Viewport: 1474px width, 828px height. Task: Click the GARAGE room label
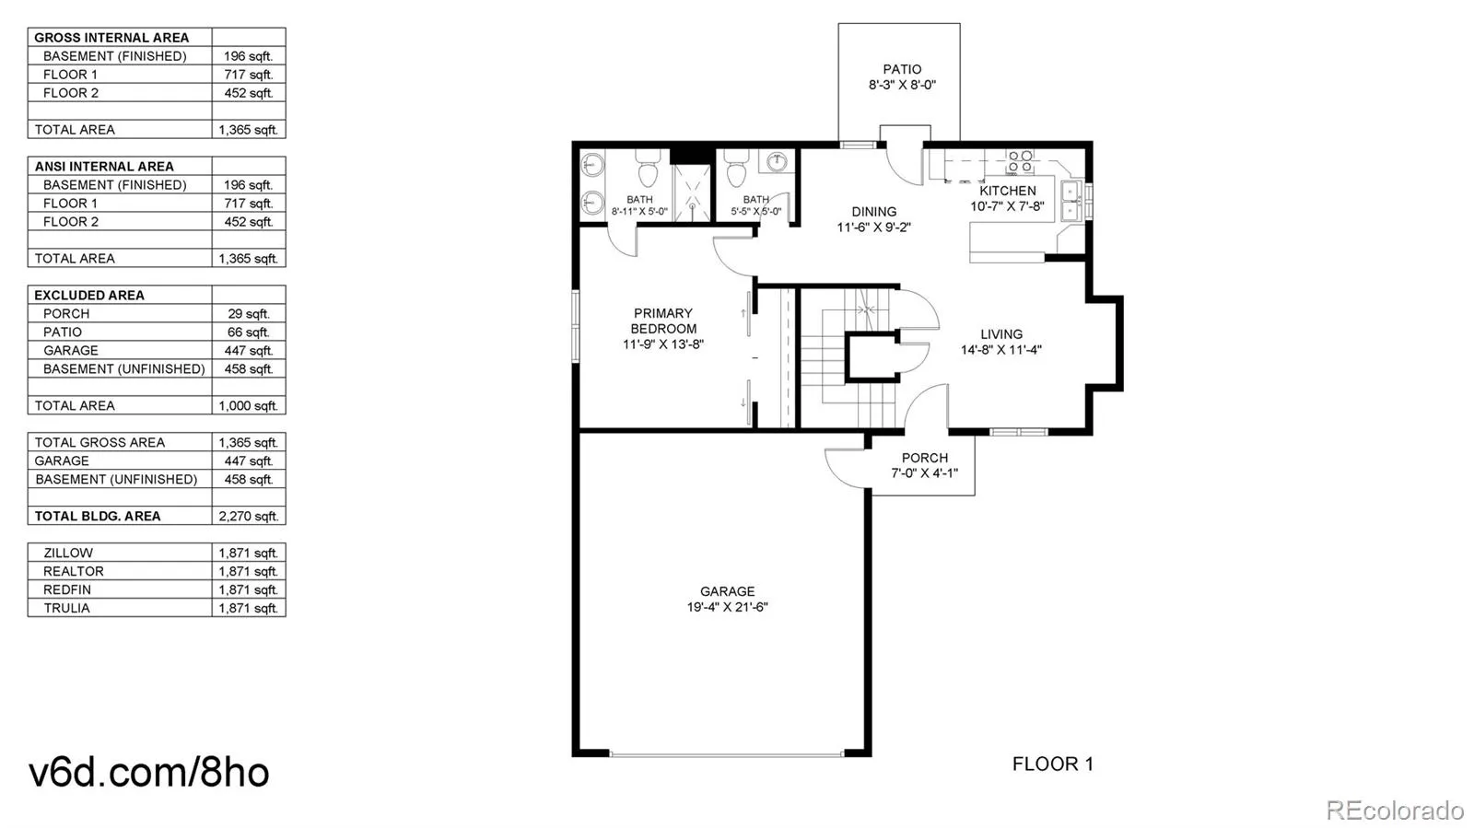click(x=727, y=591)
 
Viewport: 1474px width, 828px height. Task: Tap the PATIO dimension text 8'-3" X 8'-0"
click(x=902, y=85)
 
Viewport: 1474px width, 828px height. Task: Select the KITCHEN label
click(x=1008, y=191)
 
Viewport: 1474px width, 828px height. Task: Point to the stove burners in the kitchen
click(x=1020, y=162)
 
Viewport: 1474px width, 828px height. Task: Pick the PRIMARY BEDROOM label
click(x=663, y=321)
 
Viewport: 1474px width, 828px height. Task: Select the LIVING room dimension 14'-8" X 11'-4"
click(x=1000, y=350)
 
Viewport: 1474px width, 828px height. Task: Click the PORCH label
click(x=925, y=458)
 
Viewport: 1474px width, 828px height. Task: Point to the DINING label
click(x=874, y=212)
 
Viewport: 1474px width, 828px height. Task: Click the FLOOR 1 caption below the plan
click(x=1053, y=764)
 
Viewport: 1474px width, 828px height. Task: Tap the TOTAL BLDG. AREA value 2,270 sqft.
click(x=249, y=517)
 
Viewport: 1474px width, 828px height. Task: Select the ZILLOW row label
click(x=68, y=554)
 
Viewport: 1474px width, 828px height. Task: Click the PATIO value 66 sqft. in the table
click(x=249, y=332)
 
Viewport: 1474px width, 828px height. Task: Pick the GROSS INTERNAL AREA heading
click(x=111, y=38)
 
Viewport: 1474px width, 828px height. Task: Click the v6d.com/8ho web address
click(x=149, y=772)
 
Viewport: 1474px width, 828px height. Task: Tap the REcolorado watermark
click(x=1395, y=810)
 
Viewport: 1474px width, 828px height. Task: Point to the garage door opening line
click(x=727, y=754)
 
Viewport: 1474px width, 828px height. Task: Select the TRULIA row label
click(x=66, y=609)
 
